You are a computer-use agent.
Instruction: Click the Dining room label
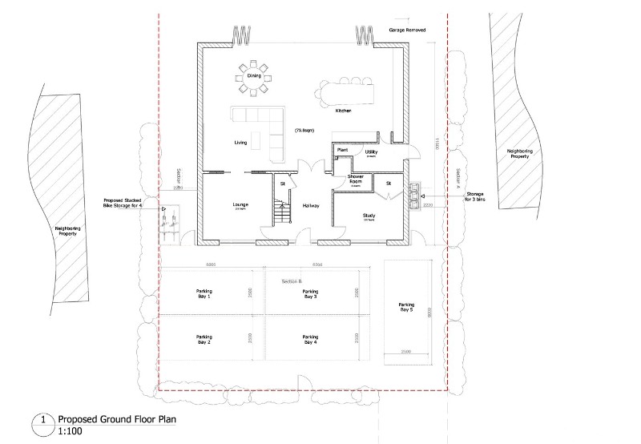[x=253, y=76]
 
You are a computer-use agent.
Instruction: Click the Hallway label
[x=311, y=206]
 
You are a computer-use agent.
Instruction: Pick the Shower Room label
[x=356, y=180]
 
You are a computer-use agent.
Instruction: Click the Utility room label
[x=371, y=152]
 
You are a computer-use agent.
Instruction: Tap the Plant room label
[x=341, y=149]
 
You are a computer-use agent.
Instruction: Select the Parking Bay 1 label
[x=204, y=294]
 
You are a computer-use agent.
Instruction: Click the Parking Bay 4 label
[x=311, y=339]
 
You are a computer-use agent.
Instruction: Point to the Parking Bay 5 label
[x=407, y=307]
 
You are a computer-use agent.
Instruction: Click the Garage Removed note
[x=407, y=30]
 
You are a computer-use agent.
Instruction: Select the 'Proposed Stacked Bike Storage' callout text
[x=123, y=203]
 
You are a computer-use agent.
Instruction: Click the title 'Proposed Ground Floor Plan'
[x=116, y=419]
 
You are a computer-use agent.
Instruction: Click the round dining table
[x=253, y=76]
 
